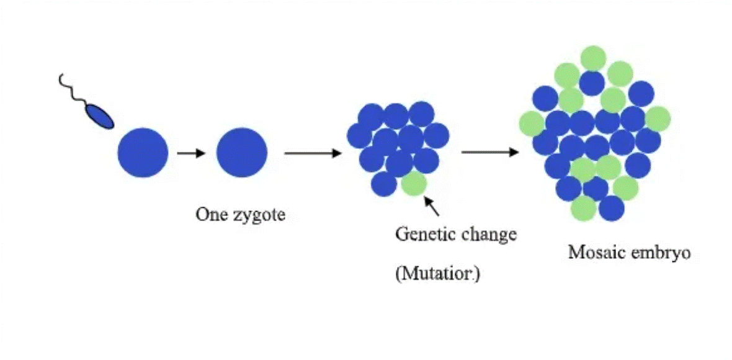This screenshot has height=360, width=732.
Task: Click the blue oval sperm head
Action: tap(99, 116)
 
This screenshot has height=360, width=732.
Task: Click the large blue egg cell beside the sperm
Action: tap(143, 152)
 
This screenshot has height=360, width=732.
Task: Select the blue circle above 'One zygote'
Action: tap(241, 152)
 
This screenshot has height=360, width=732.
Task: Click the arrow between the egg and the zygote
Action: tap(191, 153)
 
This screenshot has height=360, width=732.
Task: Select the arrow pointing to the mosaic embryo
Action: tap(490, 152)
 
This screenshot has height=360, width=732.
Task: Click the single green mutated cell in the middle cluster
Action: tap(414, 184)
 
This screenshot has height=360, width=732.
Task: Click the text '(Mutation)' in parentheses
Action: tap(437, 274)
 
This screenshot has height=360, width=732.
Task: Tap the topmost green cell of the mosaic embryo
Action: tap(593, 58)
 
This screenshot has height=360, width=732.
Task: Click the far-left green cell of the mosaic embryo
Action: tap(532, 123)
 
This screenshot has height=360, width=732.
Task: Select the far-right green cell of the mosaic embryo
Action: tap(658, 118)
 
